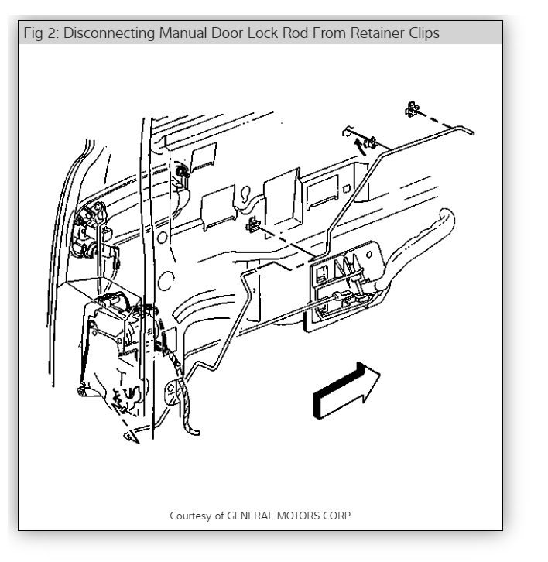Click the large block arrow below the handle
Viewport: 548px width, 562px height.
tap(346, 390)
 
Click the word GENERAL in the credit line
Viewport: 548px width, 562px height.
tap(249, 515)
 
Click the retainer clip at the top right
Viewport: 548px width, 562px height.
tap(414, 109)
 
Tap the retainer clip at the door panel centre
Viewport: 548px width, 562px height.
tap(252, 226)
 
